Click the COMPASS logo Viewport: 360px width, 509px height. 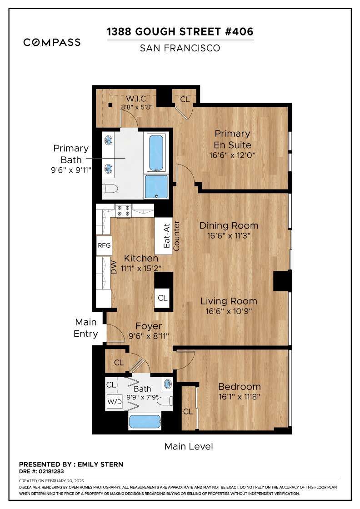coord(52,42)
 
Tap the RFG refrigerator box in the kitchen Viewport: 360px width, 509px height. coord(104,245)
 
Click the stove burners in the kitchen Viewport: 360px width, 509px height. coord(123,210)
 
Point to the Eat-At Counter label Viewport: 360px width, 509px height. coord(171,236)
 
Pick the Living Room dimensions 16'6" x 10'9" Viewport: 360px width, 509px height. coord(229,311)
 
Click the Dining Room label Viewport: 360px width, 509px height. coord(229,225)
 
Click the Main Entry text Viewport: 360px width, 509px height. coord(86,328)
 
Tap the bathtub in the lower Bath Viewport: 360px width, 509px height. coord(145,422)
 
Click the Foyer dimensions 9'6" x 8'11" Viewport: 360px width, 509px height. coord(149,337)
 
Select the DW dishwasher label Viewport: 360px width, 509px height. coord(114,269)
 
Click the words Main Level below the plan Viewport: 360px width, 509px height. coord(188,446)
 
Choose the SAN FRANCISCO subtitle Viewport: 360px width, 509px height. coord(180,48)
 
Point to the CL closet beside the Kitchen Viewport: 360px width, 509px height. coord(162,298)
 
